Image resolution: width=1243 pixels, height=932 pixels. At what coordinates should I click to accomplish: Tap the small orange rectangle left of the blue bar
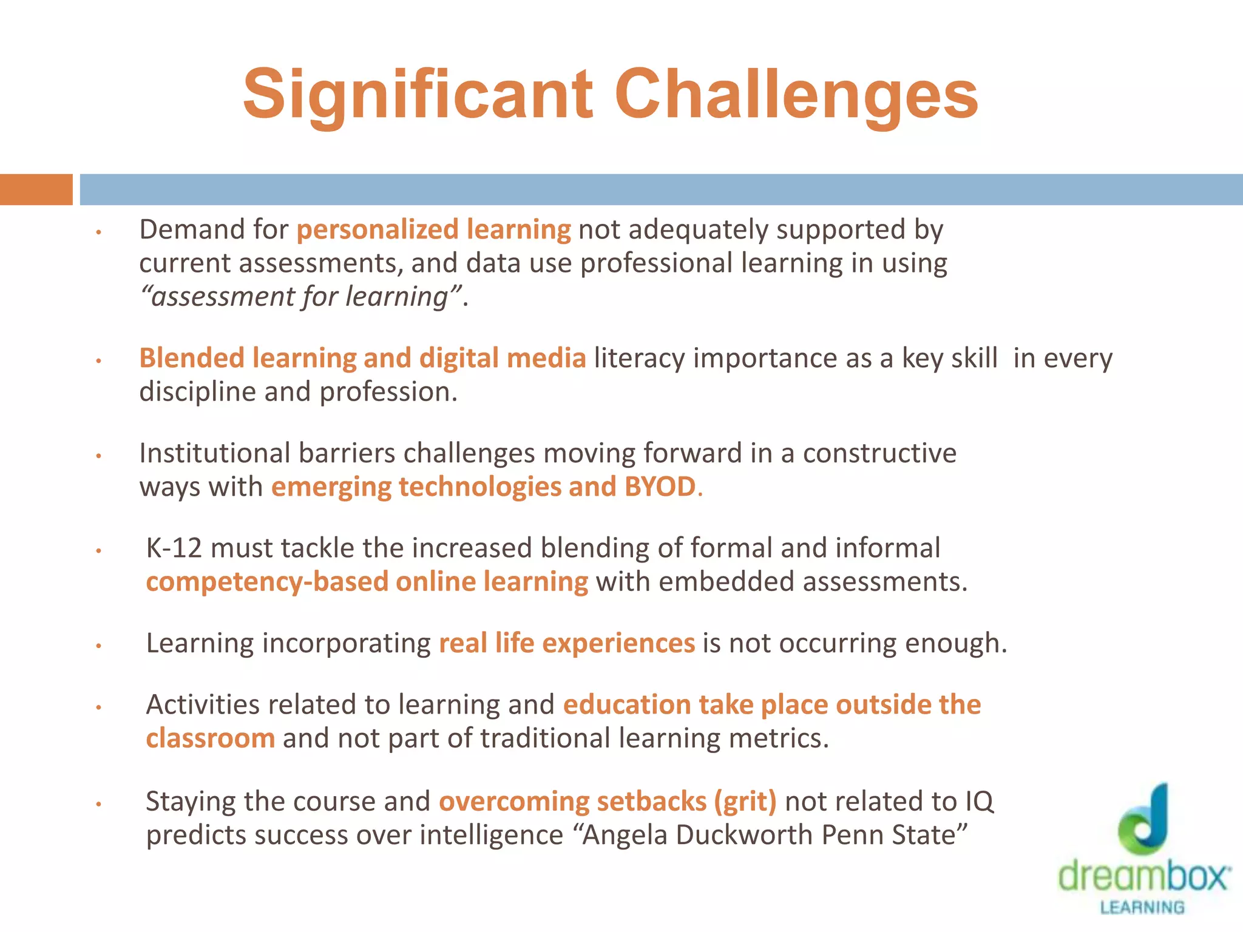(36, 189)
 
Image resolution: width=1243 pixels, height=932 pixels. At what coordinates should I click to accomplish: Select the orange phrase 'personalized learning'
(433, 230)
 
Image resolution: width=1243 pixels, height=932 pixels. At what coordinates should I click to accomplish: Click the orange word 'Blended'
(192, 358)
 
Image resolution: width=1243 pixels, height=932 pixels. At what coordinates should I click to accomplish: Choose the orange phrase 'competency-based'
(267, 582)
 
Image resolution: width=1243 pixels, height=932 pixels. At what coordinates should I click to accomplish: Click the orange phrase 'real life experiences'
(566, 643)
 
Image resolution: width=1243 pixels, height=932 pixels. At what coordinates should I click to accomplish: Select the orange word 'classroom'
(210, 738)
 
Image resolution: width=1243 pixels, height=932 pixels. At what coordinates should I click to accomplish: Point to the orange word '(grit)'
(745, 802)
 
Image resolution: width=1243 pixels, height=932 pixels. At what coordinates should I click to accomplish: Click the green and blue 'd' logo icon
(1143, 819)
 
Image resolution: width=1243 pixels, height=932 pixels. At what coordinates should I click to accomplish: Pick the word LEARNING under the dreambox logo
(1142, 908)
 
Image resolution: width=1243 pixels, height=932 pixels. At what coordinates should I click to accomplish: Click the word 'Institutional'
(215, 453)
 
